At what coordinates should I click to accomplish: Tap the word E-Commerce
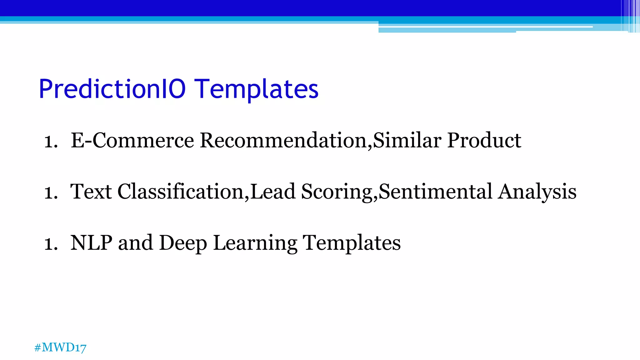(x=132, y=140)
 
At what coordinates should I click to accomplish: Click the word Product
(x=484, y=140)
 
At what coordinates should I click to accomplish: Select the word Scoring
(x=339, y=192)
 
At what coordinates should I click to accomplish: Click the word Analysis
(x=537, y=192)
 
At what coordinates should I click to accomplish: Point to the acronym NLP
(x=91, y=243)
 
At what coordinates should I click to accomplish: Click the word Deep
(x=183, y=243)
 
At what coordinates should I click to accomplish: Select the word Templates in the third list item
(x=352, y=243)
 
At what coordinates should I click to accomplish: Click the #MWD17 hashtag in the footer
(x=60, y=347)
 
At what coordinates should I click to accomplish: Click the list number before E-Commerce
(x=51, y=141)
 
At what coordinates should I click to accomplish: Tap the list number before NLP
(x=51, y=244)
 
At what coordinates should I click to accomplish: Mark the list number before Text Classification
(x=51, y=192)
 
